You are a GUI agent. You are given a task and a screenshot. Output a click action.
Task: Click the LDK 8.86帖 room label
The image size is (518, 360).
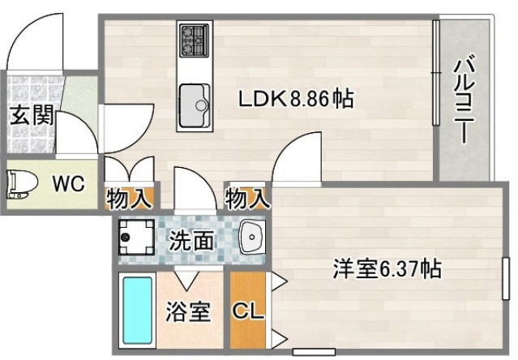[294, 100]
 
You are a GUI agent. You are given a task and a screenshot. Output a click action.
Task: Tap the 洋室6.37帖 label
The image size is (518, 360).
[387, 268]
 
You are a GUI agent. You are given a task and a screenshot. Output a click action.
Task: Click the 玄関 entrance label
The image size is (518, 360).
[31, 114]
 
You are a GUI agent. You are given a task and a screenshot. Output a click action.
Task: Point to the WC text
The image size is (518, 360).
[68, 184]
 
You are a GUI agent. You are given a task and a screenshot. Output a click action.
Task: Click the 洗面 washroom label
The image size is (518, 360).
[191, 240]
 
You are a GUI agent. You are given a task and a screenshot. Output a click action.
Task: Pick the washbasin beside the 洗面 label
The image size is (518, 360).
[252, 238]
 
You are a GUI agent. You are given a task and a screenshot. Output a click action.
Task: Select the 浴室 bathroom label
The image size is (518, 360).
[190, 312]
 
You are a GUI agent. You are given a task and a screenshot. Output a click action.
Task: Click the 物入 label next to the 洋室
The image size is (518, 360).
[246, 197]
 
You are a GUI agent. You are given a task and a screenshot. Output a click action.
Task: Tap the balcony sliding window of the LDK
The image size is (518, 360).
[435, 74]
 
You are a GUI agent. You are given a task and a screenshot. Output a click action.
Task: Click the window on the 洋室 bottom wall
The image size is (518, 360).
[314, 351]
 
